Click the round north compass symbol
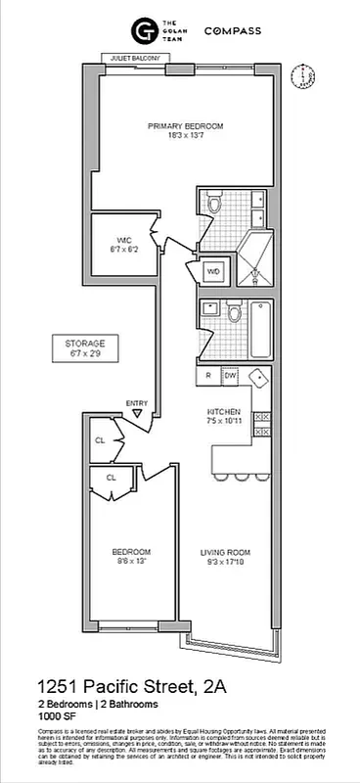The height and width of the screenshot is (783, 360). tap(305, 76)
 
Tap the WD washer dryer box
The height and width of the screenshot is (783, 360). tap(212, 271)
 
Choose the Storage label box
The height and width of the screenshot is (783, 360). tap(91, 347)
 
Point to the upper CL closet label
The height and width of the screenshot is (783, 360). tap(100, 439)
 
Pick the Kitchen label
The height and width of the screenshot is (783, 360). tap(224, 416)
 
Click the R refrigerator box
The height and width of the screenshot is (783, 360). tap(208, 375)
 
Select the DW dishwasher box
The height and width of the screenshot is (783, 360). tap(230, 375)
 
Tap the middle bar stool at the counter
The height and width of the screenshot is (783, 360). tap(240, 477)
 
